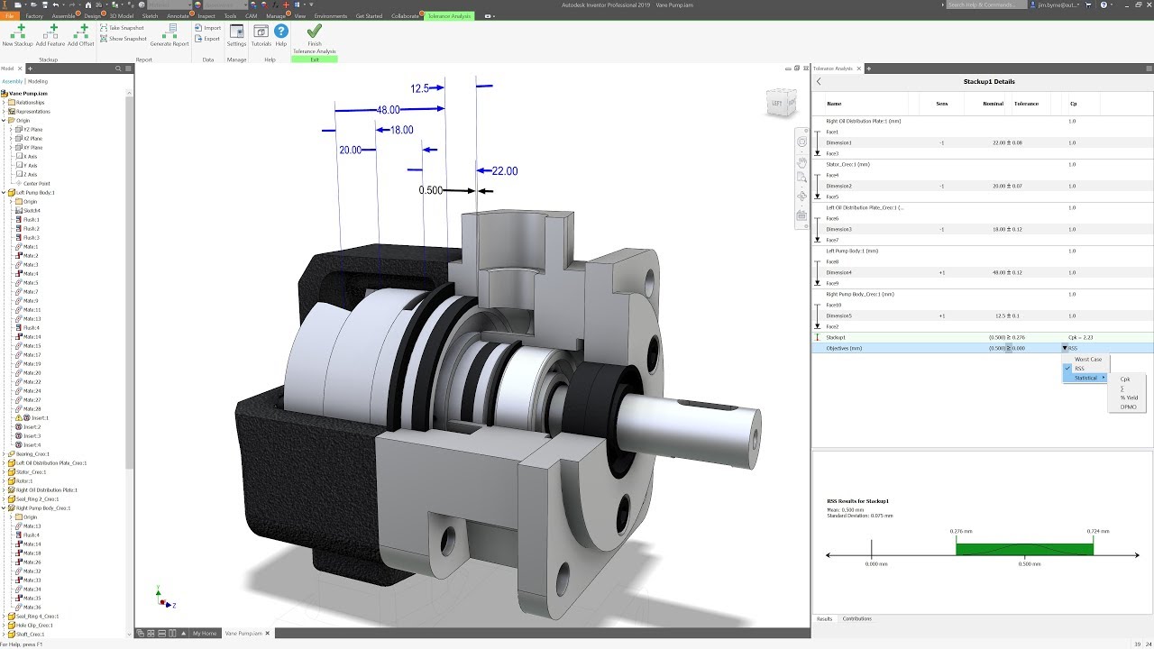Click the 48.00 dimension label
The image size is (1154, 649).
(x=388, y=109)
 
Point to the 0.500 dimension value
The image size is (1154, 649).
(x=430, y=190)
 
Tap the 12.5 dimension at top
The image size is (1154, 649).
(x=419, y=88)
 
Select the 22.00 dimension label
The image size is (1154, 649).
(x=504, y=171)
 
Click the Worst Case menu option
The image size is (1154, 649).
(x=1087, y=359)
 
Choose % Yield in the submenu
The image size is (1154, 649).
(x=1128, y=398)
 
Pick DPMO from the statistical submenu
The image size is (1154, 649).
(x=1128, y=407)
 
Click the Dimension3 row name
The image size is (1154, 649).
(x=838, y=229)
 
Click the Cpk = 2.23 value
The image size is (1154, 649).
(x=1080, y=337)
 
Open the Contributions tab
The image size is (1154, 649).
(x=856, y=618)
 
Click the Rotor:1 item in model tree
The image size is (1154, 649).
(x=24, y=480)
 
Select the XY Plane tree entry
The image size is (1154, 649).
(x=32, y=147)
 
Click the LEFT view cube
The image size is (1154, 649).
(x=777, y=104)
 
